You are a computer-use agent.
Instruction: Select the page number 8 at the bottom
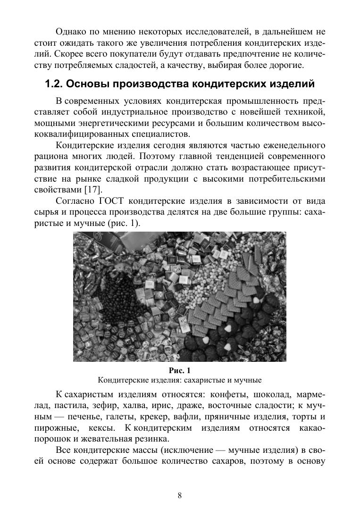[180, 495]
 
